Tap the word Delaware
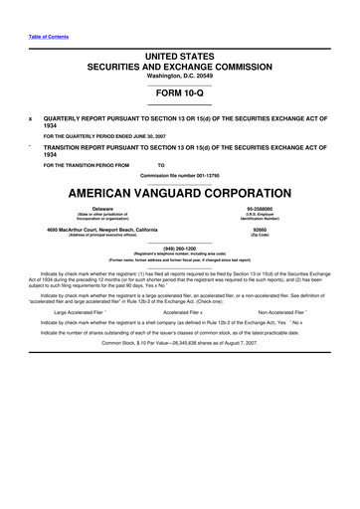point(91,209)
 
